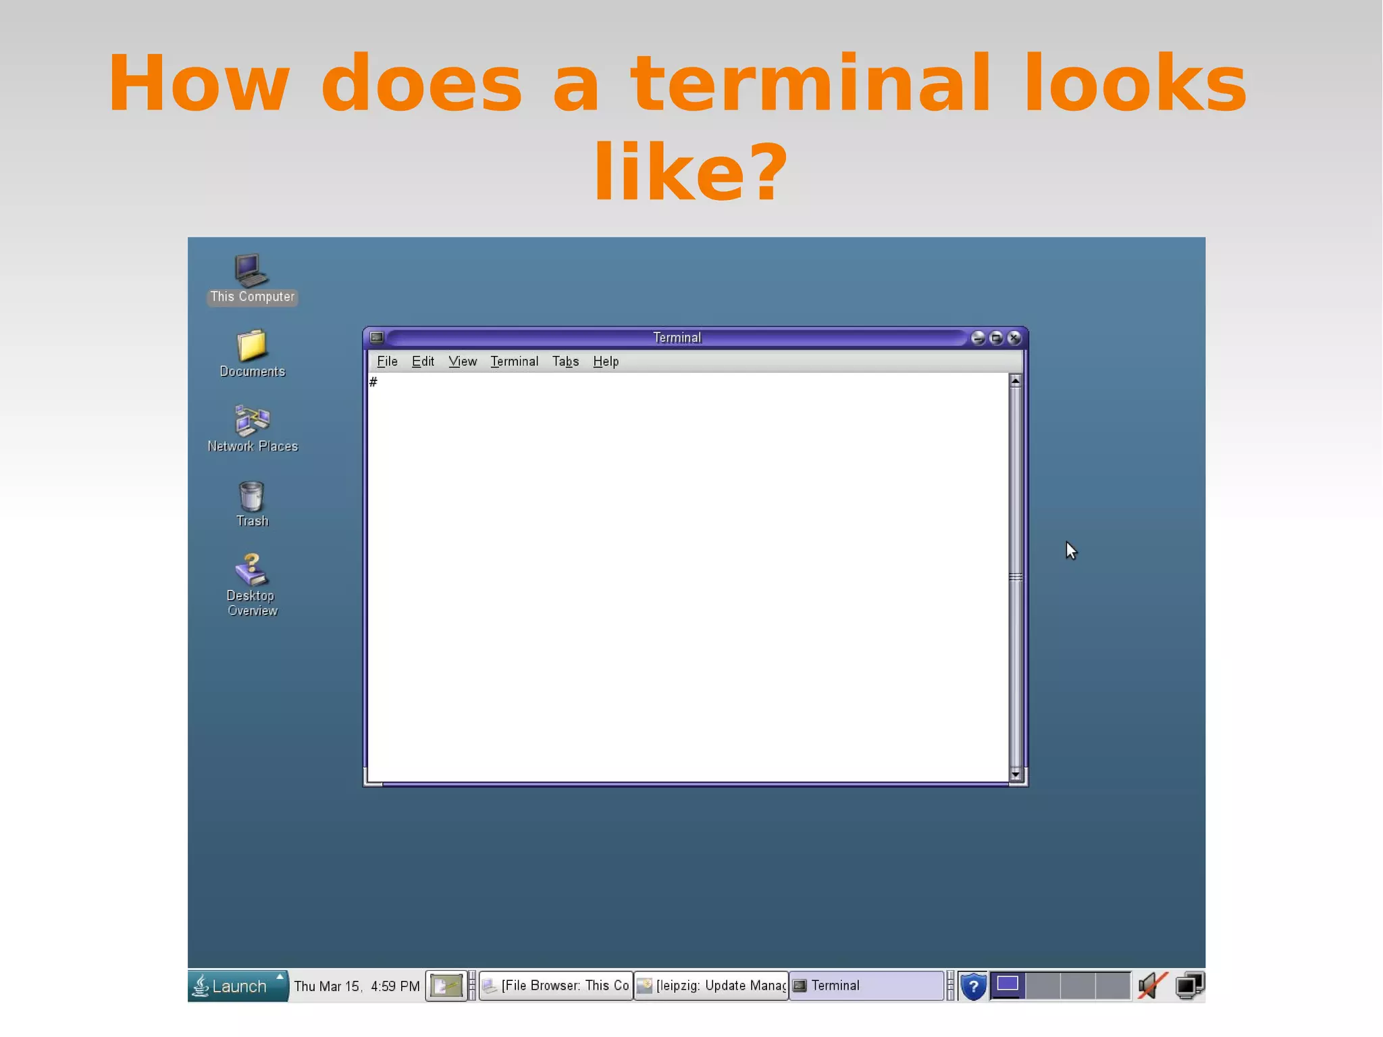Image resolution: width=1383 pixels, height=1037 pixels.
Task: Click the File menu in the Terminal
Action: (x=387, y=361)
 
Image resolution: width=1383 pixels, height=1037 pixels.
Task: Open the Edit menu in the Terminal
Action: (x=423, y=361)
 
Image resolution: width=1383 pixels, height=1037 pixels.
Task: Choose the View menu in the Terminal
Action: (x=463, y=361)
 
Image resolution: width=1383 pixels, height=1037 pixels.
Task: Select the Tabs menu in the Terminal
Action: (x=565, y=361)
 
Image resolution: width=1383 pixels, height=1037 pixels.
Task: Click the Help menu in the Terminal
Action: (x=606, y=361)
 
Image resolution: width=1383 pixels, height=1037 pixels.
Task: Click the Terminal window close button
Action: (x=1014, y=338)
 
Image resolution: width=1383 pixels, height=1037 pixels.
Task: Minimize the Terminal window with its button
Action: (x=977, y=338)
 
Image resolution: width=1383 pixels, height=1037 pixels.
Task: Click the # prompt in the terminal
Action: (x=373, y=382)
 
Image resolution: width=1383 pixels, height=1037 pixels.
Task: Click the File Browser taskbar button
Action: (x=556, y=986)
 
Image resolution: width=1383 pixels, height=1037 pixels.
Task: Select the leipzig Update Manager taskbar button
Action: (x=711, y=986)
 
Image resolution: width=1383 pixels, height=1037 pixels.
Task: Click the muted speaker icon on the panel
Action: (x=1151, y=986)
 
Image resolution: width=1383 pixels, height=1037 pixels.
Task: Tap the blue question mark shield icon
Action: (x=973, y=986)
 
